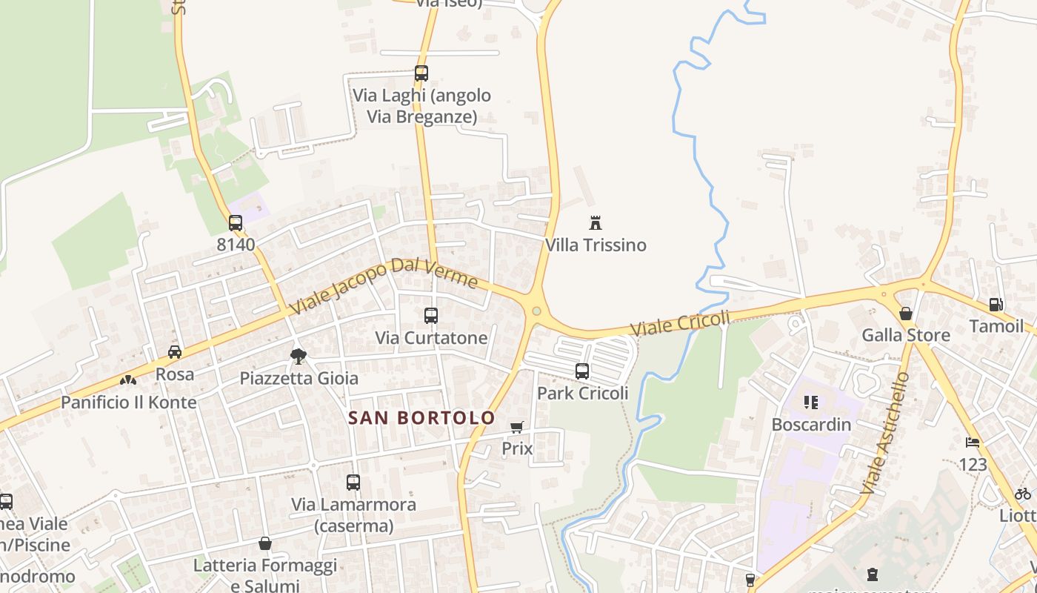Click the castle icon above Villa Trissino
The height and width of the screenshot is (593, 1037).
pyautogui.click(x=595, y=222)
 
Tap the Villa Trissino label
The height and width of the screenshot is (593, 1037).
pyautogui.click(x=596, y=245)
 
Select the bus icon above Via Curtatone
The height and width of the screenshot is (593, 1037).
pyautogui.click(x=431, y=316)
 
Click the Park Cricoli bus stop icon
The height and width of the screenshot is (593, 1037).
pyautogui.click(x=582, y=371)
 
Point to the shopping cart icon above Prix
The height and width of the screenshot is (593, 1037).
pyautogui.click(x=517, y=427)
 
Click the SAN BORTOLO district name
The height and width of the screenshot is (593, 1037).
pyautogui.click(x=421, y=418)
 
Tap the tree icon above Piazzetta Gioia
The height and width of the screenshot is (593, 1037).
pyautogui.click(x=299, y=357)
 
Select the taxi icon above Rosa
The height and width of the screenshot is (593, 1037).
pyautogui.click(x=175, y=352)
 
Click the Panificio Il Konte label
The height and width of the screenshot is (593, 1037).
pyautogui.click(x=129, y=402)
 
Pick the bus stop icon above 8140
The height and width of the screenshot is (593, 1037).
pyautogui.click(x=236, y=222)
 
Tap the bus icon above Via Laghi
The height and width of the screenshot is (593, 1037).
pyautogui.click(x=421, y=73)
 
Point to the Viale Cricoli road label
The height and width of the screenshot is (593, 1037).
pyautogui.click(x=680, y=323)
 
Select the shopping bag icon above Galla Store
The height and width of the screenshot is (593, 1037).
pyautogui.click(x=905, y=314)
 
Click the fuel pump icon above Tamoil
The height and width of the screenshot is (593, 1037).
pyautogui.click(x=996, y=305)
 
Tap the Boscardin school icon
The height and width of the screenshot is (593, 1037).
pyautogui.click(x=811, y=402)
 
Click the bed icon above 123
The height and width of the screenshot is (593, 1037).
pyautogui.click(x=973, y=443)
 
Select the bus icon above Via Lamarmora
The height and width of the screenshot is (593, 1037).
pyautogui.click(x=353, y=483)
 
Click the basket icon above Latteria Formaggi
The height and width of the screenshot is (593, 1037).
pyautogui.click(x=265, y=544)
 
